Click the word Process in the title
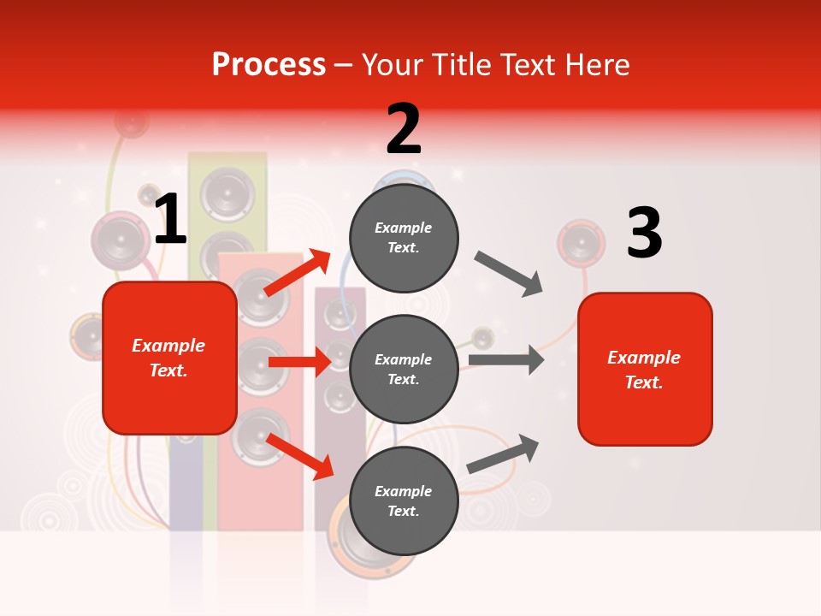point(269,65)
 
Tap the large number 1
point(170,221)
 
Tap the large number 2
point(404,129)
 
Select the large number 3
point(644,233)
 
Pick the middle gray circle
point(404,369)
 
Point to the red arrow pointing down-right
point(300,456)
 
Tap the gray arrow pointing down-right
point(509,273)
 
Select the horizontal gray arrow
point(506,359)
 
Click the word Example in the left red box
point(168,346)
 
